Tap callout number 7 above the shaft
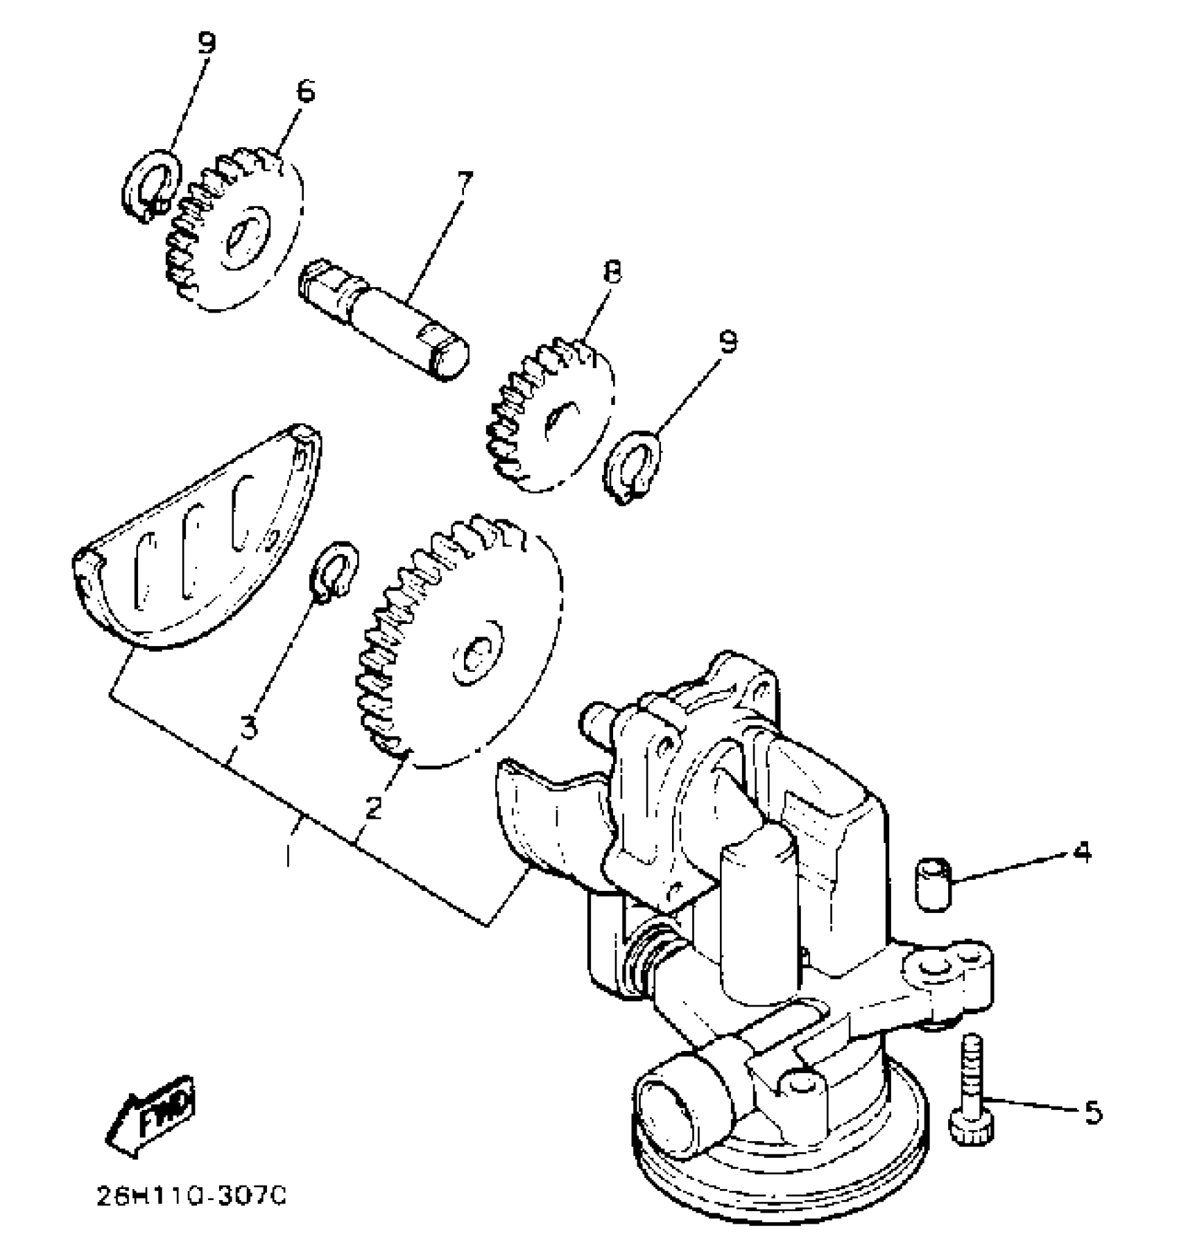click(465, 184)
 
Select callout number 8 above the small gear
click(611, 272)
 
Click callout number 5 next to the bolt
click(1092, 1113)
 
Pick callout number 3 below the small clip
click(248, 727)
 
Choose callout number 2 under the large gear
click(374, 807)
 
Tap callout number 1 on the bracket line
click(289, 854)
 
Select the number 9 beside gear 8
click(728, 341)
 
